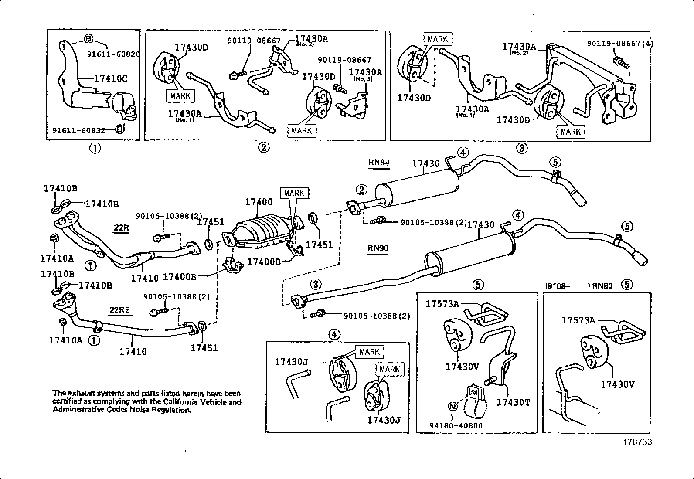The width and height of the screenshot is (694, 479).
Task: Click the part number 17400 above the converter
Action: (259, 202)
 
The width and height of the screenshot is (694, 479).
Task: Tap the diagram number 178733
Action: (637, 442)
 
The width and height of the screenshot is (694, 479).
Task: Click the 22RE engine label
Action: (120, 310)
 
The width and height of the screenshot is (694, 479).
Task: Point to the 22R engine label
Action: (122, 228)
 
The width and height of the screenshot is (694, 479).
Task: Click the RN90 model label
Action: (378, 248)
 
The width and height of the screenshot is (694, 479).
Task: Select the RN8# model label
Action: (379, 163)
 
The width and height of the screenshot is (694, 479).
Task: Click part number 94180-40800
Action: (456, 425)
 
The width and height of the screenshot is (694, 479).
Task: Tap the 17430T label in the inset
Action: (513, 402)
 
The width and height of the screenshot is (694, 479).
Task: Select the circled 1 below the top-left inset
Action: (95, 148)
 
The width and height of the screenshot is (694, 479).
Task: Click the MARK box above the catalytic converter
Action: (294, 193)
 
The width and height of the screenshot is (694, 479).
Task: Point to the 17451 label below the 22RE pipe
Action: (204, 348)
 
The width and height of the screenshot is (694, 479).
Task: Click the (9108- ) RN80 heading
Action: (579, 286)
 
